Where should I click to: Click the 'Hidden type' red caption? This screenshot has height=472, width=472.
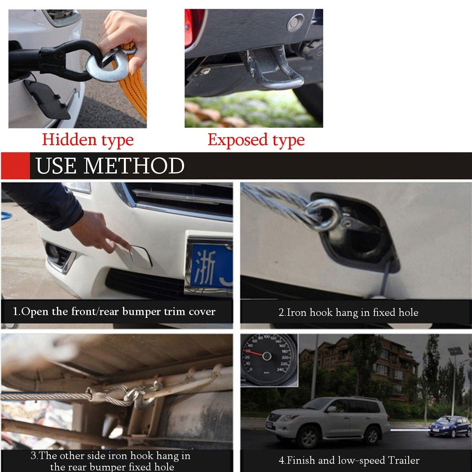88,140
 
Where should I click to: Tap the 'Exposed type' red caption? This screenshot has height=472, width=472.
256,140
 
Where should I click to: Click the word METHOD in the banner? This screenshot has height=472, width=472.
134,166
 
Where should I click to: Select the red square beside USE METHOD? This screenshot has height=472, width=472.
15,166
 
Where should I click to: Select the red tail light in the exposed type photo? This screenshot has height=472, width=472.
194,28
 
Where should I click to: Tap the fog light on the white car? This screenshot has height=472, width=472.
58,255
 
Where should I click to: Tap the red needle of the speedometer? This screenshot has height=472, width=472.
255,353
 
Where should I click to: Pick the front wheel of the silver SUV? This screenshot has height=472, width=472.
308,438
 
